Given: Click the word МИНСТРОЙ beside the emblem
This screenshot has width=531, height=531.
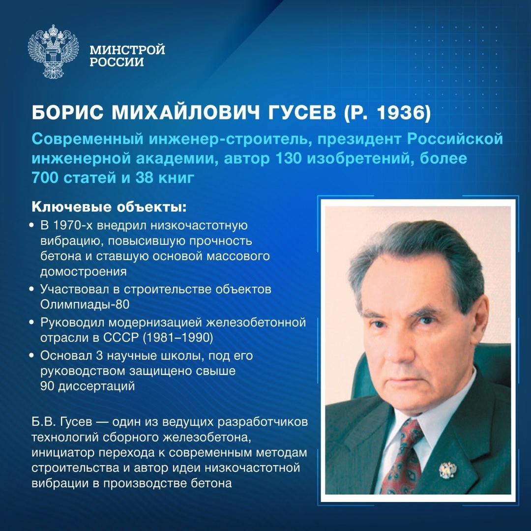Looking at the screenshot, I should pyautogui.click(x=127, y=50).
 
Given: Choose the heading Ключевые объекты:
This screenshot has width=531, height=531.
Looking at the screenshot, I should pyautogui.click(x=109, y=206).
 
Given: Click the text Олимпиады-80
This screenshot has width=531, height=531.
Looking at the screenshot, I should pyautogui.click(x=85, y=304).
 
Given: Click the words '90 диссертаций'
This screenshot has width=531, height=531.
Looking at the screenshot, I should pyautogui.click(x=88, y=386).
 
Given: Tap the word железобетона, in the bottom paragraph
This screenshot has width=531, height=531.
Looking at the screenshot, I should pyautogui.click(x=208, y=438).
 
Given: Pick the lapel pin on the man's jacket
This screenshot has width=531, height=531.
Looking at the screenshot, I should pyautogui.click(x=447, y=470).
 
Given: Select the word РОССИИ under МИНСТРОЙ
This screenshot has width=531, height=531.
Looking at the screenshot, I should pyautogui.click(x=117, y=62).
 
